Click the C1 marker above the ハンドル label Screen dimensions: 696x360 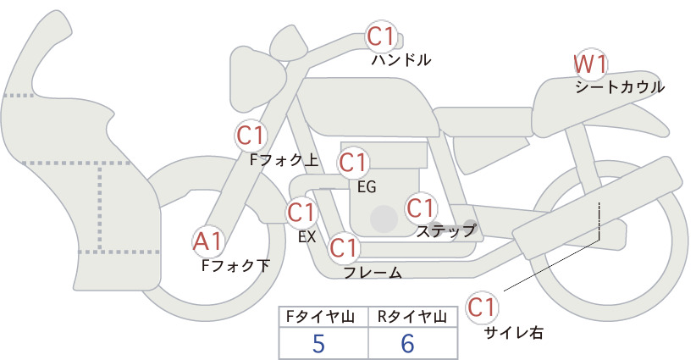[x=381, y=36]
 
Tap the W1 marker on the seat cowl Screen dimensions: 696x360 [x=590, y=65]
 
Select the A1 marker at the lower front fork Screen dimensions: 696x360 [x=207, y=242]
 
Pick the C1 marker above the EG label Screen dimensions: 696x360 [x=352, y=163]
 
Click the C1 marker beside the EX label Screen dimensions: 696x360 [x=301, y=213]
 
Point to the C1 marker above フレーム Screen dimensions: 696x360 [x=344, y=247]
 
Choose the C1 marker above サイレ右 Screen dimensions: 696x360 [x=482, y=307]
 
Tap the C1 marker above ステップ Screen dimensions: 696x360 [x=420, y=208]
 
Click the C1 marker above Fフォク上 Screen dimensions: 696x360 [x=251, y=136]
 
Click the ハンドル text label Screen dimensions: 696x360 [x=401, y=59]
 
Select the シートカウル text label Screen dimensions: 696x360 [x=620, y=87]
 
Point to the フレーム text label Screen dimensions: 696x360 [x=373, y=273]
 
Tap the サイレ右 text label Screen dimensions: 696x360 [x=513, y=333]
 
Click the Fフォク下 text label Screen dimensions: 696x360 [x=235, y=266]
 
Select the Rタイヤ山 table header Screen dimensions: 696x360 [x=412, y=317]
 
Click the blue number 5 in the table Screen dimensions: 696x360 [x=318, y=343]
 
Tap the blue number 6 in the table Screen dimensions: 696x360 [x=407, y=343]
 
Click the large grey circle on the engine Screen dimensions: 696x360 [x=384, y=219]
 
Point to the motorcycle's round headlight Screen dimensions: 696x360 [x=257, y=80]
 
